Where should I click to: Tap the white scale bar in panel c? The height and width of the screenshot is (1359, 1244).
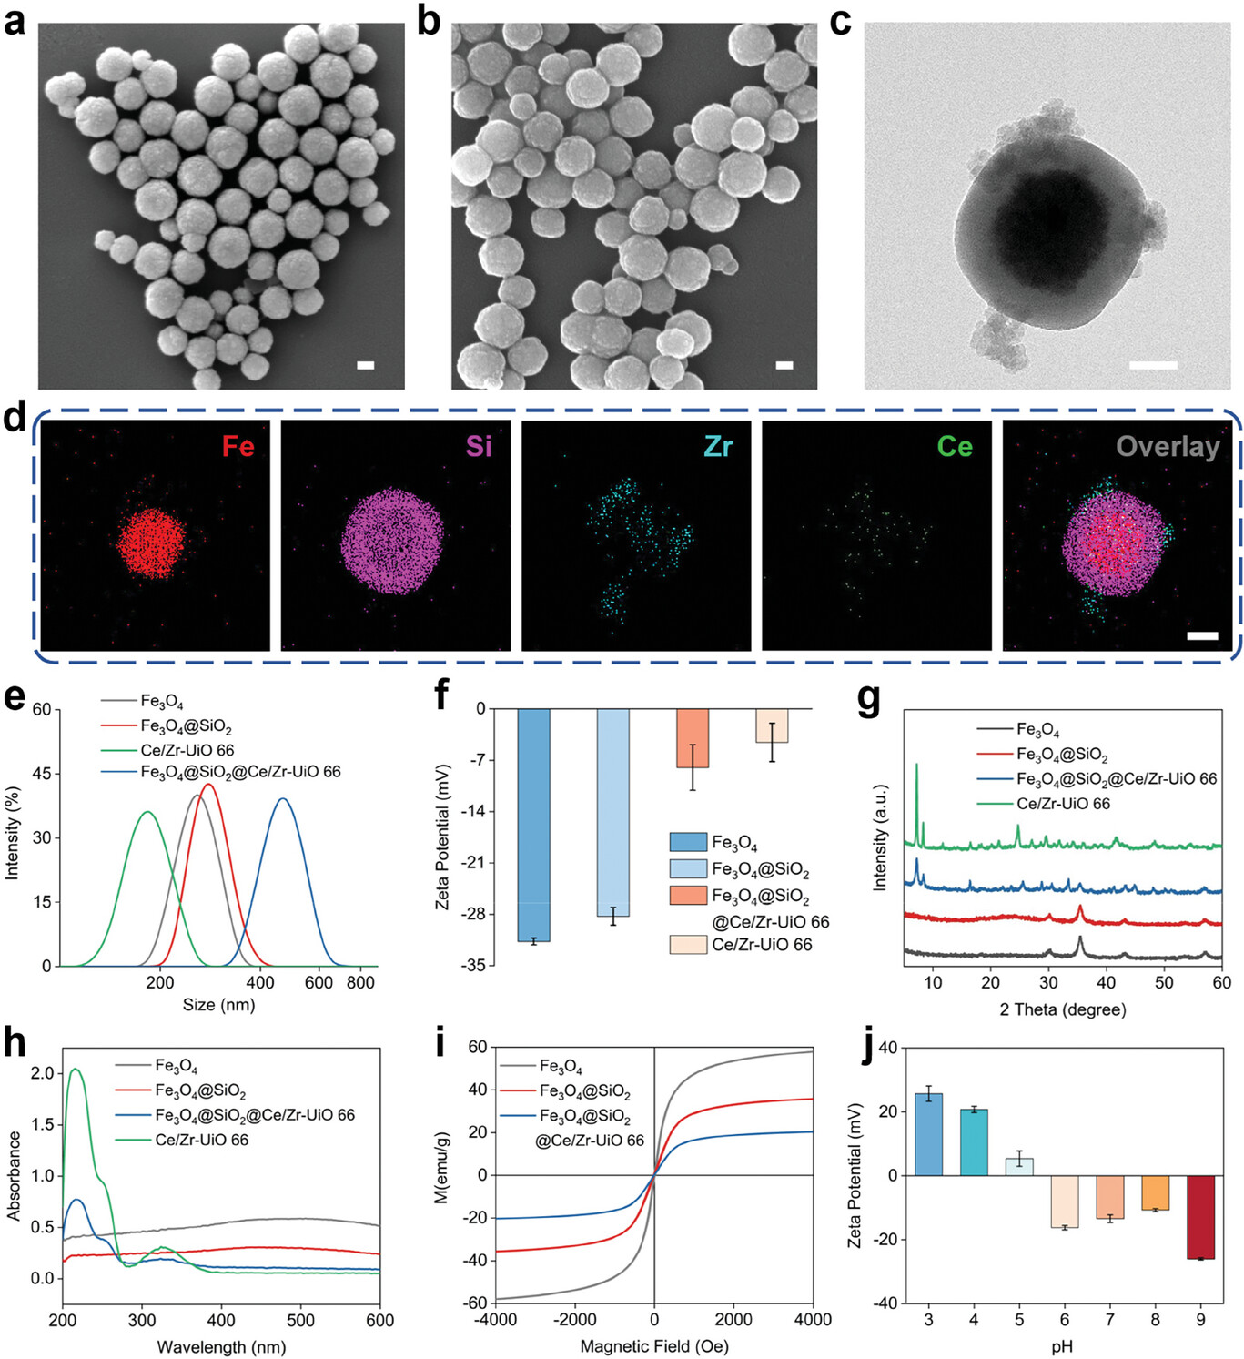coord(1153,365)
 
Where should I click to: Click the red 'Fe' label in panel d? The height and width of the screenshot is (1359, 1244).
coord(238,446)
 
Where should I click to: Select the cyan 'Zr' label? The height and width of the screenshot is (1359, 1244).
coord(718,446)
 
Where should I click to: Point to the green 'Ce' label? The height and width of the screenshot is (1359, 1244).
coord(955,446)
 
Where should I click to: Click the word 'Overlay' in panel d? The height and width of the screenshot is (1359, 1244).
coord(1168,446)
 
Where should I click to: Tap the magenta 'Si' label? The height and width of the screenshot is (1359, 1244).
coord(479,446)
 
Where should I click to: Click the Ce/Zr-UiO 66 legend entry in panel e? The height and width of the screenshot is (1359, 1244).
coord(187,750)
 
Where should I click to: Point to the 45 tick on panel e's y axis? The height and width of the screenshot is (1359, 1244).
coord(41,774)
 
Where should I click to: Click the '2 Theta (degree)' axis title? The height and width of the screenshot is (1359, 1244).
coord(1062,1009)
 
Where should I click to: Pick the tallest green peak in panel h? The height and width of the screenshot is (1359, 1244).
coord(76,1070)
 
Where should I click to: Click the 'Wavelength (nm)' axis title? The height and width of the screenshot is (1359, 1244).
coord(221,1346)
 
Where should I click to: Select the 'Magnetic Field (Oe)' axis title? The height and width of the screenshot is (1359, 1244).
coord(654,1346)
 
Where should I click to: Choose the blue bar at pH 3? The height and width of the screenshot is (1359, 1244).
coord(928,1134)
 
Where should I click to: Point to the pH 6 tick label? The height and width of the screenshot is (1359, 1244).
coord(1065,1320)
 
